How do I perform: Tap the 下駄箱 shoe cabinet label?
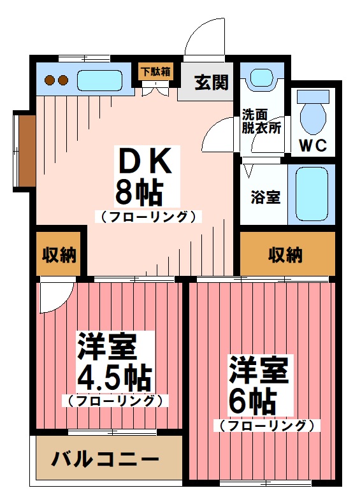click(x=155, y=71)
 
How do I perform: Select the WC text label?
click(x=313, y=145)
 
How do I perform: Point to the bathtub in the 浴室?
click(x=312, y=194)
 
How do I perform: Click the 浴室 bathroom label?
click(x=264, y=197)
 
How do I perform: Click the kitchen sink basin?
click(x=99, y=81)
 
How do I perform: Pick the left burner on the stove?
click(x=50, y=80)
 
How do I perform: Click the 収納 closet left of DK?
click(x=59, y=255)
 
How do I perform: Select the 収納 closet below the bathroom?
click(x=285, y=255)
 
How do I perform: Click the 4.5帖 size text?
click(x=115, y=378)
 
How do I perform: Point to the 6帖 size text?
click(x=252, y=400)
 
